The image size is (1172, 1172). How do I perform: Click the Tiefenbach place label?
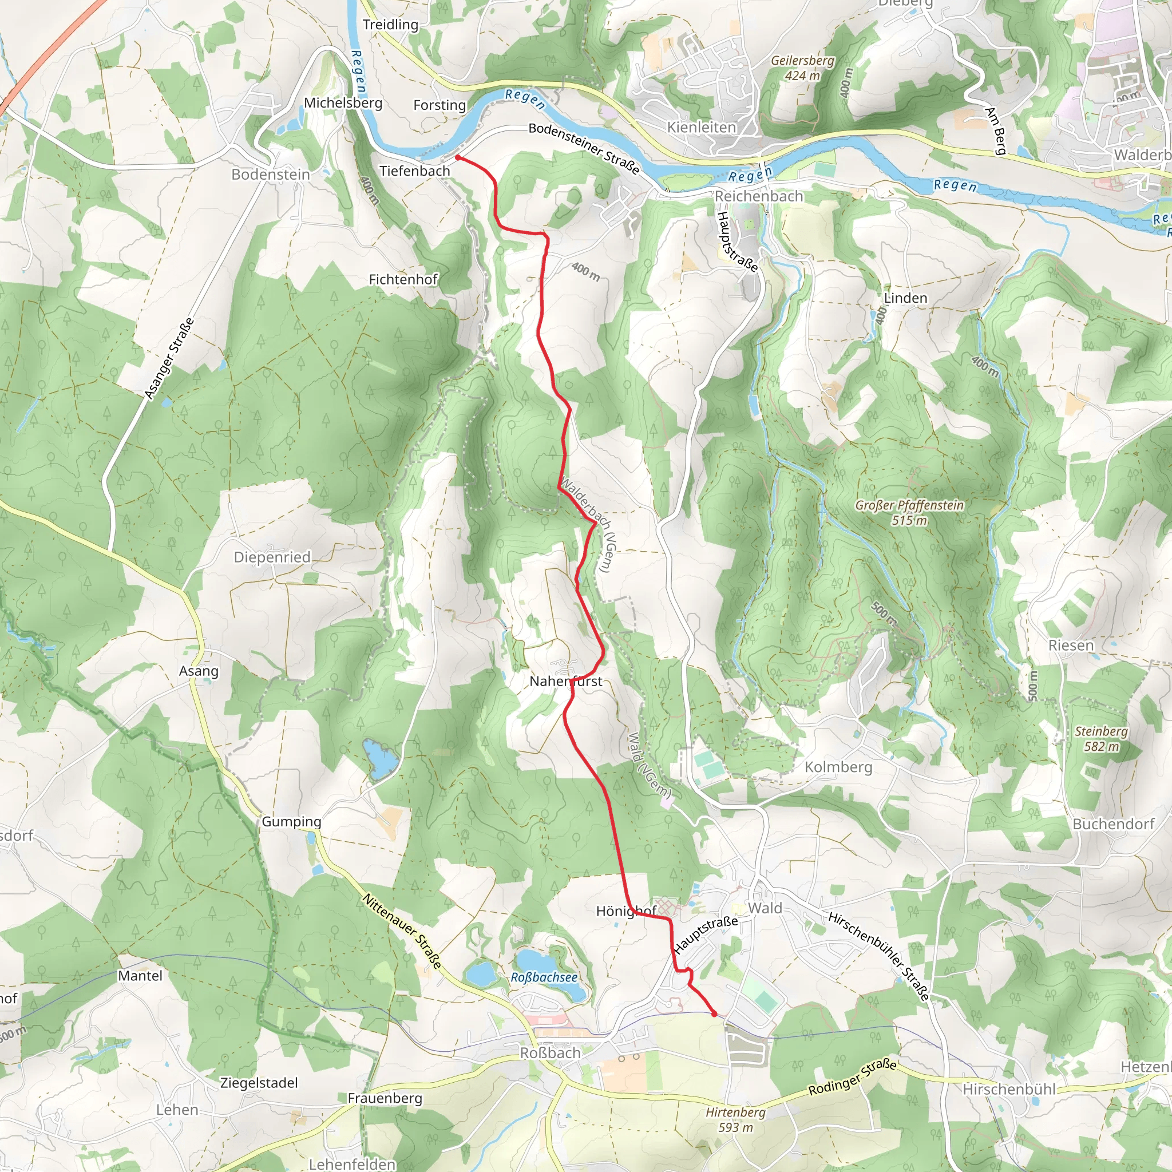[414, 171]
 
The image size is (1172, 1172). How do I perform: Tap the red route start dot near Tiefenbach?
[458, 158]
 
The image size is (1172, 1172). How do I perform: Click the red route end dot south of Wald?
[714, 1013]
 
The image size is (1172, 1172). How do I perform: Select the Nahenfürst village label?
[565, 681]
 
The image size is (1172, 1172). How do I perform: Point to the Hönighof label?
[626, 911]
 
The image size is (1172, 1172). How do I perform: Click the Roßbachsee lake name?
[544, 977]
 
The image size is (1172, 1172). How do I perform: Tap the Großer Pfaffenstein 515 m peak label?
[909, 513]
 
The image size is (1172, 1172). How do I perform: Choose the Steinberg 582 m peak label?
[1101, 739]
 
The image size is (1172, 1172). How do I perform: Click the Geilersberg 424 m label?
[802, 68]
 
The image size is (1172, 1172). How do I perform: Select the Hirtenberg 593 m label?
[735, 1120]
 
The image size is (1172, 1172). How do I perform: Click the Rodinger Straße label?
[852, 1078]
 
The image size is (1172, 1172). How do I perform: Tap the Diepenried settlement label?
[272, 557]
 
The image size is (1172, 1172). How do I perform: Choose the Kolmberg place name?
[838, 767]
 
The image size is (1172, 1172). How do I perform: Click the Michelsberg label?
[343, 103]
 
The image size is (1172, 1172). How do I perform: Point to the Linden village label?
[905, 298]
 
